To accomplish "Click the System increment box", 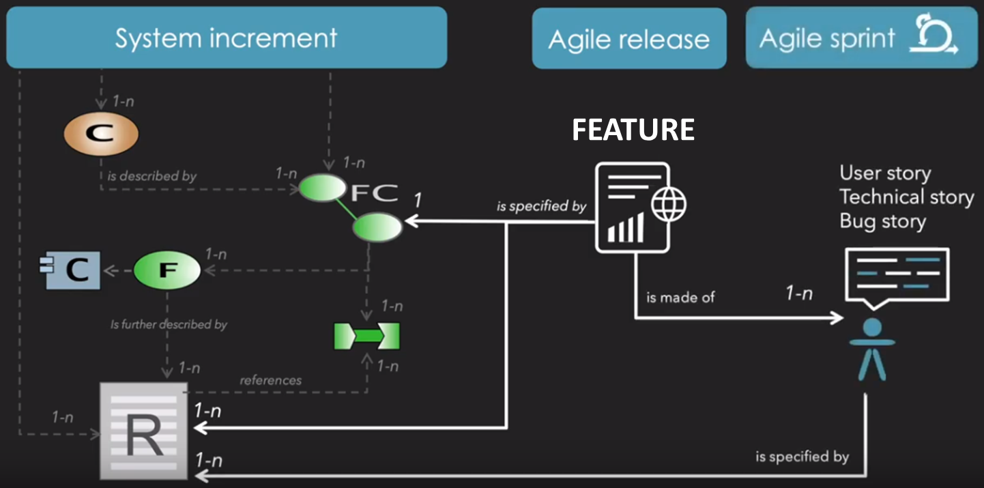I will tap(226, 38).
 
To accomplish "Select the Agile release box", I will tap(628, 39).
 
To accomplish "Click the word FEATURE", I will tap(633, 130).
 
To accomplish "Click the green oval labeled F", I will tap(167, 270).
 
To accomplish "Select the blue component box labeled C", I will tap(72, 270).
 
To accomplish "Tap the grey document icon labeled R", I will tap(143, 430).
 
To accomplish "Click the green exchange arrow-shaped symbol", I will tap(366, 336).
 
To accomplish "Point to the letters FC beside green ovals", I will tap(374, 193).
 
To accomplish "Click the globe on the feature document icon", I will tap(668, 204).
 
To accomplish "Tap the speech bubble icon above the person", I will tap(897, 276).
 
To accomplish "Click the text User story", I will tap(885, 173).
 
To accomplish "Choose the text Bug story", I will tap(882, 221).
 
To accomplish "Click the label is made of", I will tap(680, 298).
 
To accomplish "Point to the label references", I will tap(270, 380).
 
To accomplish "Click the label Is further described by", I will tap(169, 325).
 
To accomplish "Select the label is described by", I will tap(151, 176).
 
